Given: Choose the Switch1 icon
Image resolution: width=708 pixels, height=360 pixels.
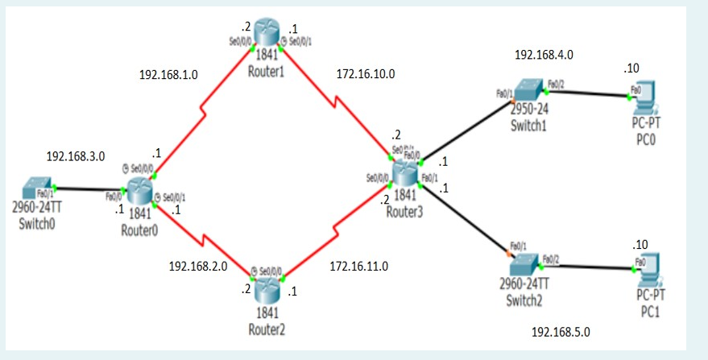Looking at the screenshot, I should pyautogui.click(x=529, y=91).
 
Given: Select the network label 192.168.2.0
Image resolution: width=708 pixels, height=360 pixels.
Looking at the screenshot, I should pyautogui.click(x=198, y=265).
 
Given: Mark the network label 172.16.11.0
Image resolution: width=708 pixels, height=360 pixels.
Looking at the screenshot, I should pyautogui.click(x=359, y=265).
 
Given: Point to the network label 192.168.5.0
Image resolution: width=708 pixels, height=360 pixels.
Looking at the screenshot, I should pyautogui.click(x=561, y=331).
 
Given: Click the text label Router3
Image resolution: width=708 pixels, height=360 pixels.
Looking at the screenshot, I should pyautogui.click(x=404, y=213).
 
